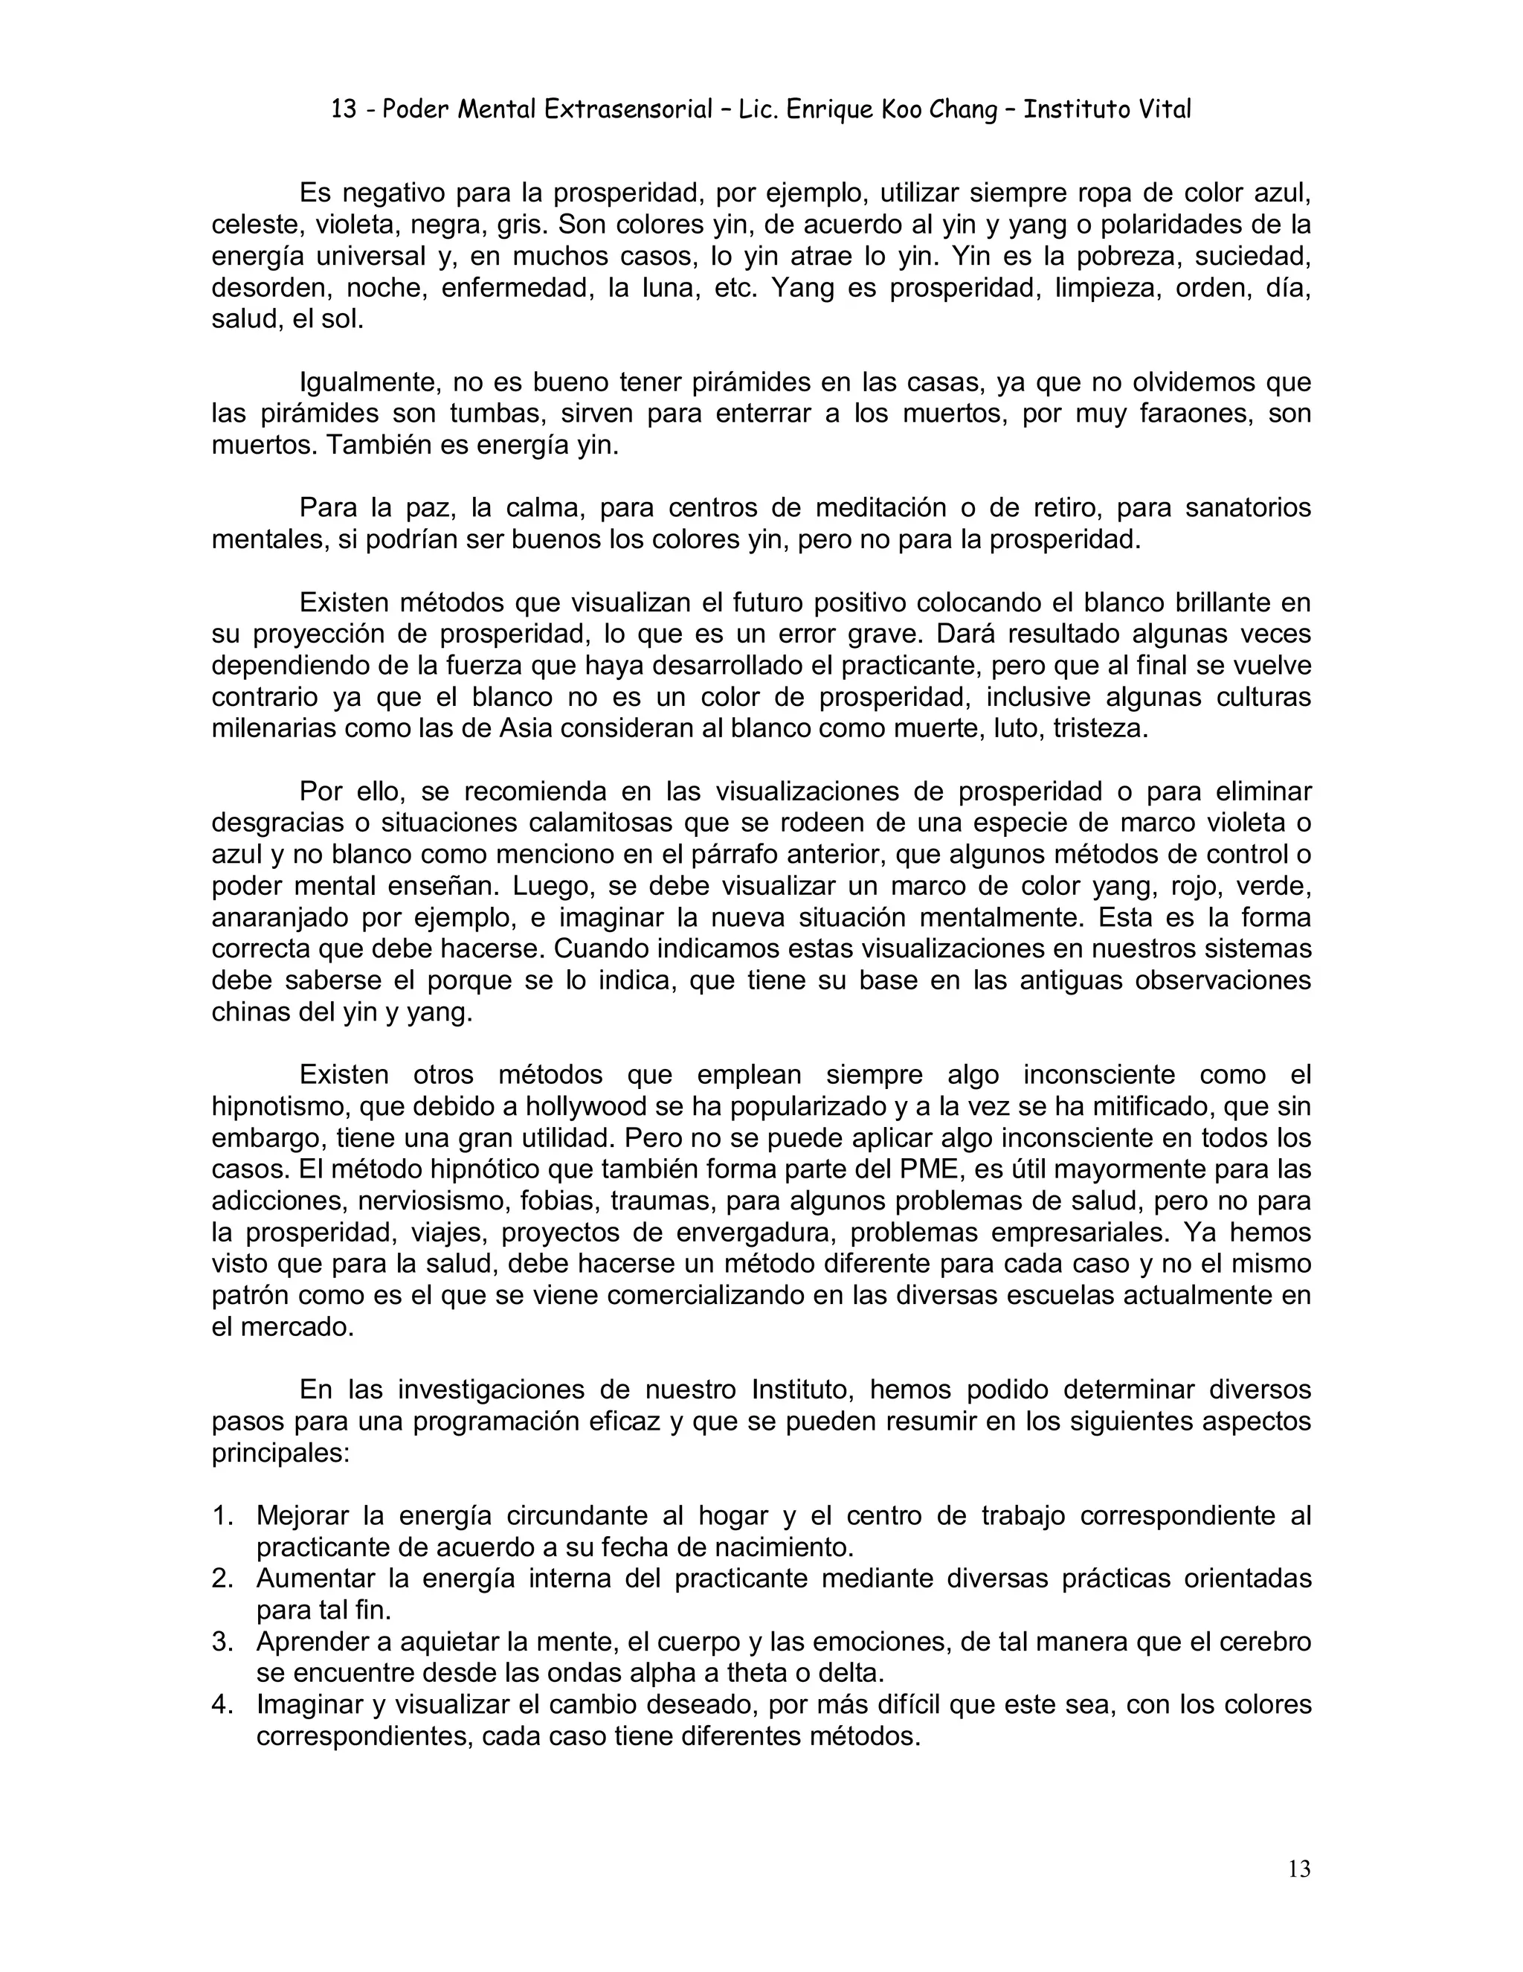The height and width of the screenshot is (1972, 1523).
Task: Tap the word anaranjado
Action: pos(279,918)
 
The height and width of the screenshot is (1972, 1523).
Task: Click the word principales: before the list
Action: pos(280,1454)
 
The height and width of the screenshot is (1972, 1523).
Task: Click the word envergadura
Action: pos(746,1233)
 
